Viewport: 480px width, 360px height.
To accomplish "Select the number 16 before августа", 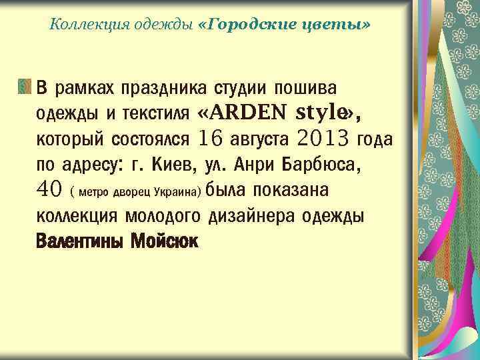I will coord(210,139).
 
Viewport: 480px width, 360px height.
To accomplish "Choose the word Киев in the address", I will coord(173,164).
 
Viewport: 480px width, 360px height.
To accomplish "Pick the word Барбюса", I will coord(322,164).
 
